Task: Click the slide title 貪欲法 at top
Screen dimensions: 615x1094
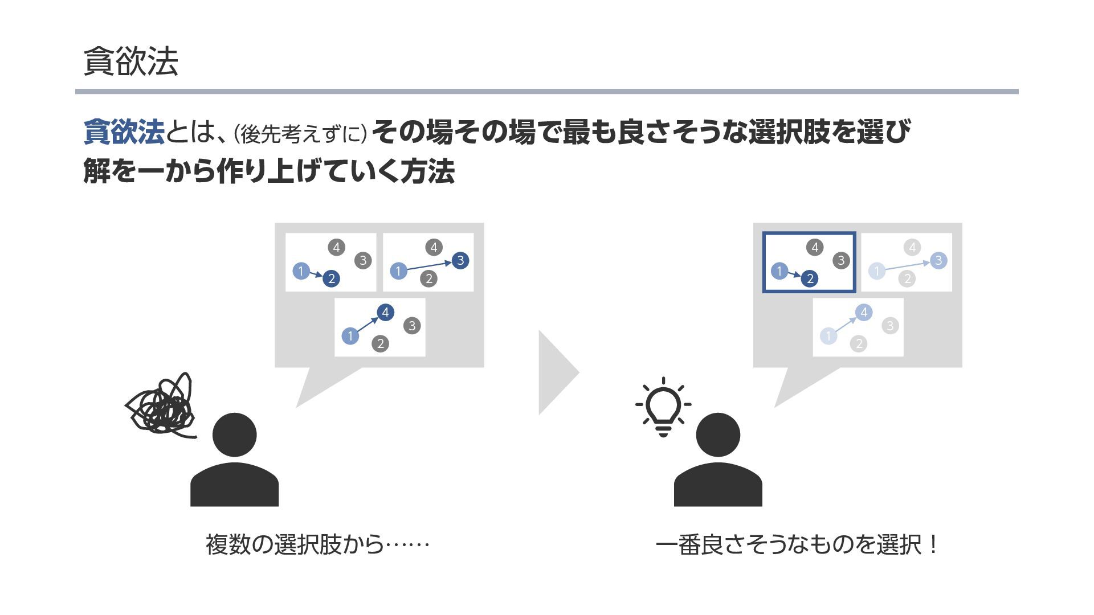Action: pos(130,61)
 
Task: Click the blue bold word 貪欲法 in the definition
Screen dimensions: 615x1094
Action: pos(124,132)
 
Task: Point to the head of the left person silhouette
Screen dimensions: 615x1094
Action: pos(234,434)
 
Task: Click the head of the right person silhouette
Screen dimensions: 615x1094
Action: pos(718,434)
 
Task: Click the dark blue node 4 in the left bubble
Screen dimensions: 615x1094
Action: pos(385,312)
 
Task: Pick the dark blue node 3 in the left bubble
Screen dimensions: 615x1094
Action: pos(460,260)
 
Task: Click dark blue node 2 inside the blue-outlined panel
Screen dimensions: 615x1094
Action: pos(810,278)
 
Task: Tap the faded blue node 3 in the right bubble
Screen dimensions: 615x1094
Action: pos(938,260)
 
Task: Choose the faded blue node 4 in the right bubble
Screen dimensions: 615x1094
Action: pos(864,312)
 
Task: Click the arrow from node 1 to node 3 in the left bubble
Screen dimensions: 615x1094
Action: pos(430,265)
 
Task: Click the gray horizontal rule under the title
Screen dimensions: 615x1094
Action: pos(546,91)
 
